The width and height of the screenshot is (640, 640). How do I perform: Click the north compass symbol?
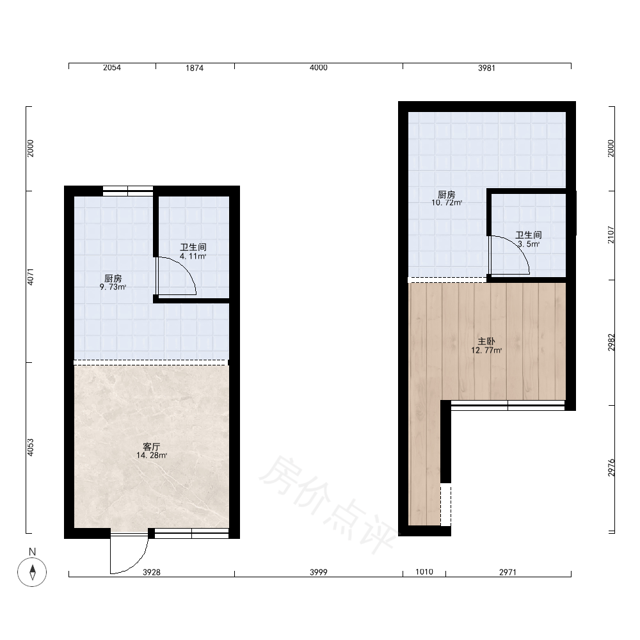coord(32,572)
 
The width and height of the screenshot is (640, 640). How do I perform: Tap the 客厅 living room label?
coord(152,447)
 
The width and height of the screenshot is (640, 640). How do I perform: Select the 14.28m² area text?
coord(152,456)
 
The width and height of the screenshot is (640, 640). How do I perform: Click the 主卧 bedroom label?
coord(486,341)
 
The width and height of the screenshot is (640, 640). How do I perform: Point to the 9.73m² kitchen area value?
coord(113,287)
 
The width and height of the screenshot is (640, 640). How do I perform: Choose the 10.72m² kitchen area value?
coord(447,202)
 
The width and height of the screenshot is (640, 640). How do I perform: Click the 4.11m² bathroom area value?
coord(193,257)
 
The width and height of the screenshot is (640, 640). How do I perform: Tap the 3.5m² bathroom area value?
coord(529,244)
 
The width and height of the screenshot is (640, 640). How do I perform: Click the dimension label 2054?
coord(112,68)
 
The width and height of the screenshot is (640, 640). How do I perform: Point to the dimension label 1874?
coord(195,68)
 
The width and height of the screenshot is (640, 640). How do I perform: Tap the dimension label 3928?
coord(152,572)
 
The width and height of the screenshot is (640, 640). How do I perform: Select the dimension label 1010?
coord(424,572)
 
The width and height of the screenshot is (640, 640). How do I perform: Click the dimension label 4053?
coord(30,447)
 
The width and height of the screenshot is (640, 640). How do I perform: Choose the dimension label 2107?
coord(611,235)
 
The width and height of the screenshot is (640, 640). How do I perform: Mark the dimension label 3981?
coord(486,68)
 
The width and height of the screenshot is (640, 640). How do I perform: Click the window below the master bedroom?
coord(508,405)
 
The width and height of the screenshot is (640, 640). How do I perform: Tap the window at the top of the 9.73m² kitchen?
coord(128,191)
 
